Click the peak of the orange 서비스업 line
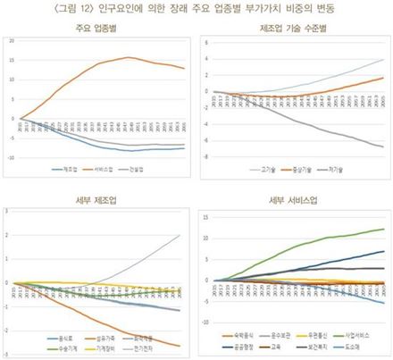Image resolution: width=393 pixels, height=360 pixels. [x=129, y=58]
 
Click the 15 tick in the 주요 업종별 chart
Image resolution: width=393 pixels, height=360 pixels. [x=12, y=61]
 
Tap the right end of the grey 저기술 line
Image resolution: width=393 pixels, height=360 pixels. [x=385, y=147]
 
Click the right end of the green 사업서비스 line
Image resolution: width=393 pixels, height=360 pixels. [x=385, y=230]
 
